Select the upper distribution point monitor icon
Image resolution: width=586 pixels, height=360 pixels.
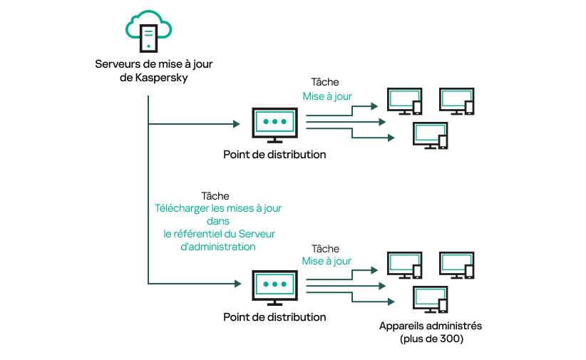tap(274, 124)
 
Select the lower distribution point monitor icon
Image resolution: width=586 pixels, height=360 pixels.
tap(274, 287)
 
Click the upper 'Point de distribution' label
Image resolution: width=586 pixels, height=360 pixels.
tap(274, 155)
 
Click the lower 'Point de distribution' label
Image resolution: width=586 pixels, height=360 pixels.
tap(274, 317)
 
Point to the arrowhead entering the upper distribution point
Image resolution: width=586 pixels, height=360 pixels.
tap(236, 124)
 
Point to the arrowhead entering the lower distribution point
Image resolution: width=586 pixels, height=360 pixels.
tap(236, 284)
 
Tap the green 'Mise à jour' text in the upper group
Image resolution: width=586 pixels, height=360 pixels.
tap(327, 96)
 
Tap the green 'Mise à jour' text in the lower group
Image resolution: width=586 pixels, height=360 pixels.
tap(327, 261)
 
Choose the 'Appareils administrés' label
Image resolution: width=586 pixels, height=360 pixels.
tap(431, 326)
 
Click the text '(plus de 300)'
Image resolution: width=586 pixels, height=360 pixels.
tap(431, 339)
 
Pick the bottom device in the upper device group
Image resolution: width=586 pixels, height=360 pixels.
tap(431, 135)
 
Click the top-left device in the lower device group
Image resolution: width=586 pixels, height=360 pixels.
tap(403, 265)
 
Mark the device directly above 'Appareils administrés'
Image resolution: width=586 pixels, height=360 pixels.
tap(431, 299)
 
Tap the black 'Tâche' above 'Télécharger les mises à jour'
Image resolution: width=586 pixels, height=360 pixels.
tap(215, 196)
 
